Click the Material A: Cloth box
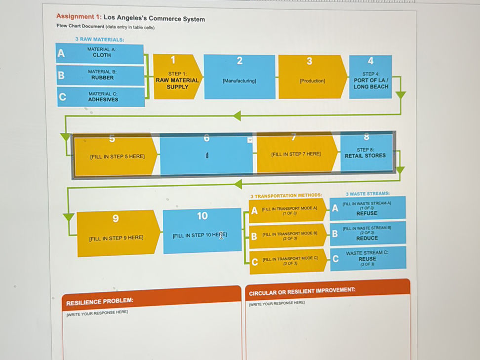coord(102,53)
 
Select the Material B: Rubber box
coord(102,75)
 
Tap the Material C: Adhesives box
coord(103,97)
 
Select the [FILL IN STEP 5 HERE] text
coord(117,157)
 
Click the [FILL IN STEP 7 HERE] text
coord(296,154)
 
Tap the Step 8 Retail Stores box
coord(365,153)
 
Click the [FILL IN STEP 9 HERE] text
coord(116,238)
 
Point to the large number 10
coord(202,216)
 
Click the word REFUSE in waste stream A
coord(366,213)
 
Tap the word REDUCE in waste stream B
coord(367,238)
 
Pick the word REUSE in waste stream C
coord(367,259)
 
